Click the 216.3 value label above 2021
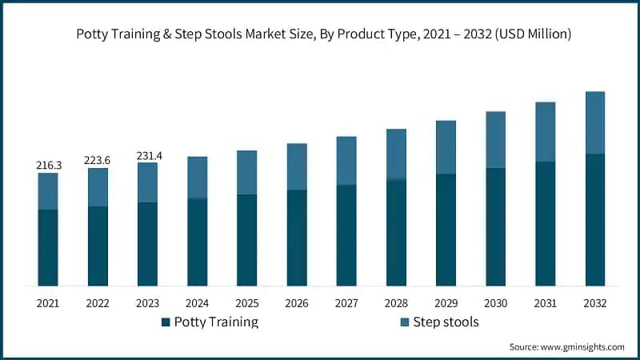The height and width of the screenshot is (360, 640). click(48, 165)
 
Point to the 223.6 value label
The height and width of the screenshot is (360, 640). click(98, 161)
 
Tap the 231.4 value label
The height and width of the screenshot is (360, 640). click(148, 155)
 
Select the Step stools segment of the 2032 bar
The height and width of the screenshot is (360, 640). click(595, 122)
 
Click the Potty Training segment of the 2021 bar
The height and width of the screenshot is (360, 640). click(48, 247)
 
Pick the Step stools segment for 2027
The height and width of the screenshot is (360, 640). click(346, 160)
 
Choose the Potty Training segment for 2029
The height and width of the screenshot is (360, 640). click(446, 230)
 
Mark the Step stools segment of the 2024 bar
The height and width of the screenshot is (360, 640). click(197, 177)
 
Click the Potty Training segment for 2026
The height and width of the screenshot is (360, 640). click(297, 238)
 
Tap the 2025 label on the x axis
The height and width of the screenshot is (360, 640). click(246, 304)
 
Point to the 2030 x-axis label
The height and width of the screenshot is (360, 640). click(495, 304)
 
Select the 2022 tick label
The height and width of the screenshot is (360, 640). click(98, 304)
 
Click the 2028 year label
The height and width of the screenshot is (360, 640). click(396, 304)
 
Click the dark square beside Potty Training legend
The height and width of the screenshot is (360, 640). click(166, 322)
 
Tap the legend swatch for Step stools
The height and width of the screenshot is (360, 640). click(405, 322)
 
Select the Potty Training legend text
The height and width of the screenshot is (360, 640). click(216, 322)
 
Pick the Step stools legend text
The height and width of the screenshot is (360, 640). click(445, 322)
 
